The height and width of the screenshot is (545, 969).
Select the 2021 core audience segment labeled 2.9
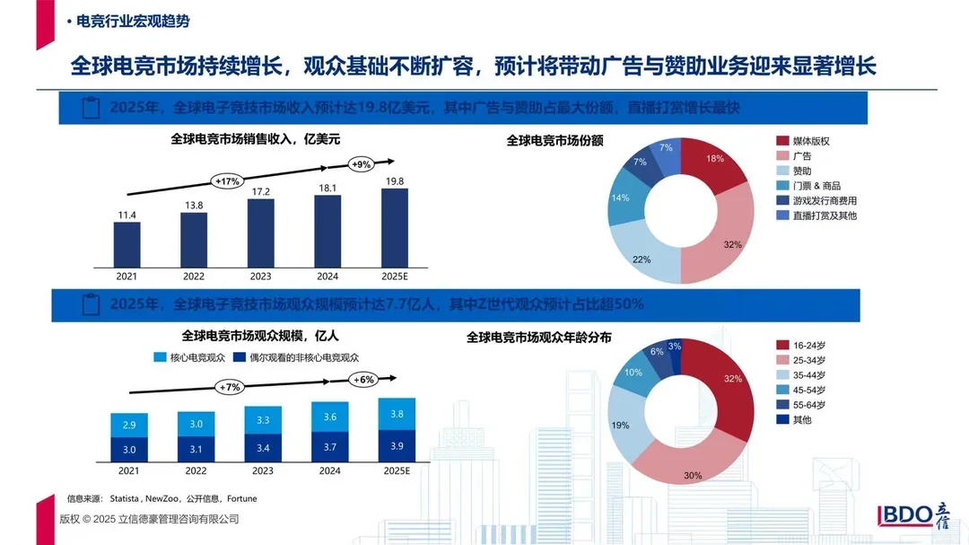coord(129,425)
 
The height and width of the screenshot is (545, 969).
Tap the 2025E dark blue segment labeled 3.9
coord(396,446)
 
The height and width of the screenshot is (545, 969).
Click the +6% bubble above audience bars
coord(363,380)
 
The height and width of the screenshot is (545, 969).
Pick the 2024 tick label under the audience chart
coord(328,470)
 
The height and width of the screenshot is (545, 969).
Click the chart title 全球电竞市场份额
coord(554,141)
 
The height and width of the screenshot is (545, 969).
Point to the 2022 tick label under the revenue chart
coord(194,276)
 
